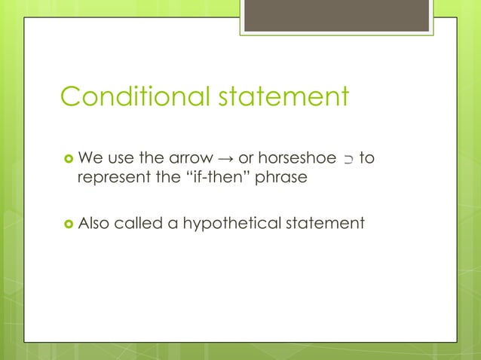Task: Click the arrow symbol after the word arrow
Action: pyautogui.click(x=225, y=159)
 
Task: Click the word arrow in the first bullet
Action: pyautogui.click(x=188, y=159)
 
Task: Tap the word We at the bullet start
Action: pyautogui.click(x=90, y=158)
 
